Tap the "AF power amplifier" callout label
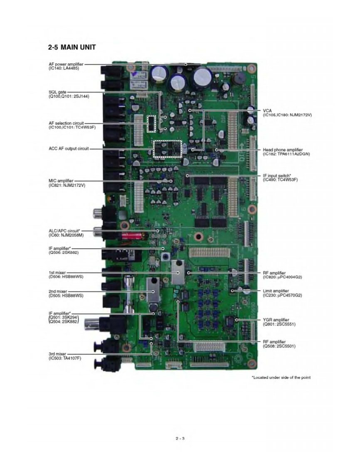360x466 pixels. [66, 64]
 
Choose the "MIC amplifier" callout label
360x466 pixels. [61, 181]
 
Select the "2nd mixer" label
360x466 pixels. [58, 292]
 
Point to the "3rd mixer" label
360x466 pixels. [57, 353]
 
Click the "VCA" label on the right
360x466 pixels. [267, 110]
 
